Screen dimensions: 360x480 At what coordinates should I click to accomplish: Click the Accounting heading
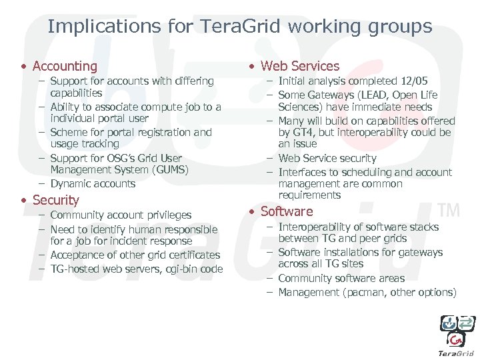point(65,66)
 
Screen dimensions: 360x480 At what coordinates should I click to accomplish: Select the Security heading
point(55,200)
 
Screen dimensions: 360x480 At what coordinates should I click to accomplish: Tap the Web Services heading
point(299,66)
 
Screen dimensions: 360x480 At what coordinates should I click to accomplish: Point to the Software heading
point(286,211)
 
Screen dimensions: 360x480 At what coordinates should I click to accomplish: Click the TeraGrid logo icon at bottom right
point(457,331)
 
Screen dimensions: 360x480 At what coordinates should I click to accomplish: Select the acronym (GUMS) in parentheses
point(169,170)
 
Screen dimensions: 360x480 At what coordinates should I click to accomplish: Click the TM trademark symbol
point(450,210)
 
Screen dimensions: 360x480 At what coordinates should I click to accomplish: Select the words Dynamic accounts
point(93,183)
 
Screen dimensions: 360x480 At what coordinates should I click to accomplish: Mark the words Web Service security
point(327,158)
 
